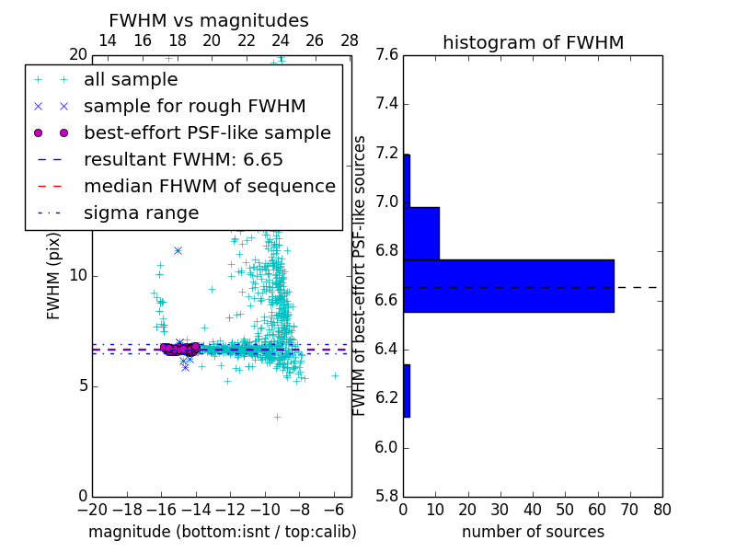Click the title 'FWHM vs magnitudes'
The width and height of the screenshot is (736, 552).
[x=208, y=20]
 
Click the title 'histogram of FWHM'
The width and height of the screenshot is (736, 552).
[x=533, y=42]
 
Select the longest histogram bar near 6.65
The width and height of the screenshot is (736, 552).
[x=508, y=286]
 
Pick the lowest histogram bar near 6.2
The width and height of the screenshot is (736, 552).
[x=407, y=391]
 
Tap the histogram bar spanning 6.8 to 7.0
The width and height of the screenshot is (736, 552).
[x=421, y=234]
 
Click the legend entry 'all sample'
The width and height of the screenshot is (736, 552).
[x=131, y=80]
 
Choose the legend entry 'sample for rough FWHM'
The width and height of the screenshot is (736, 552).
[x=194, y=107]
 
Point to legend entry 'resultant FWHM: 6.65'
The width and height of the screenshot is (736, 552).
[x=183, y=160]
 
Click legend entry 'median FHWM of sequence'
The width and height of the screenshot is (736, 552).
[x=209, y=187]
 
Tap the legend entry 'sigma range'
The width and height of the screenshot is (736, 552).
[x=141, y=213]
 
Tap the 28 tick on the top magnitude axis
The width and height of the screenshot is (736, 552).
[x=350, y=40]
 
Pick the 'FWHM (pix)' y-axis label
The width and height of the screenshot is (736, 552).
[x=54, y=275]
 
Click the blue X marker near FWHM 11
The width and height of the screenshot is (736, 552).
[x=178, y=250]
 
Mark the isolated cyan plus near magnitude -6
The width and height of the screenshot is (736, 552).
[x=335, y=375]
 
